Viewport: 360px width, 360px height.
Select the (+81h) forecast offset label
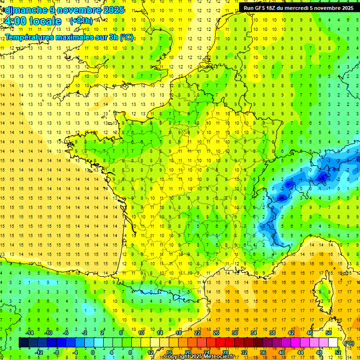pos(81,21)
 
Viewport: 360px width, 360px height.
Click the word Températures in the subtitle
pos(29,37)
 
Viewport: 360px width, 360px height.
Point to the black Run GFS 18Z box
pos(298,7)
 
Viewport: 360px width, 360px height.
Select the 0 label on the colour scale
pos(93,352)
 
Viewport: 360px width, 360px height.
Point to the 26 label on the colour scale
pos(216,333)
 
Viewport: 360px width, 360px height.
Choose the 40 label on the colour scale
pos(282,352)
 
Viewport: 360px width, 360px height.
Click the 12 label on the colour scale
pos(150,352)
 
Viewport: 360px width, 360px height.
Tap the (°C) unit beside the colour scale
pos(349,343)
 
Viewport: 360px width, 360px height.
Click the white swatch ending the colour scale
pos(333,343)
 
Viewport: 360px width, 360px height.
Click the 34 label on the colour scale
pos(254,333)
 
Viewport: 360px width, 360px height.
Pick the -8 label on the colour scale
pos(56,352)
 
